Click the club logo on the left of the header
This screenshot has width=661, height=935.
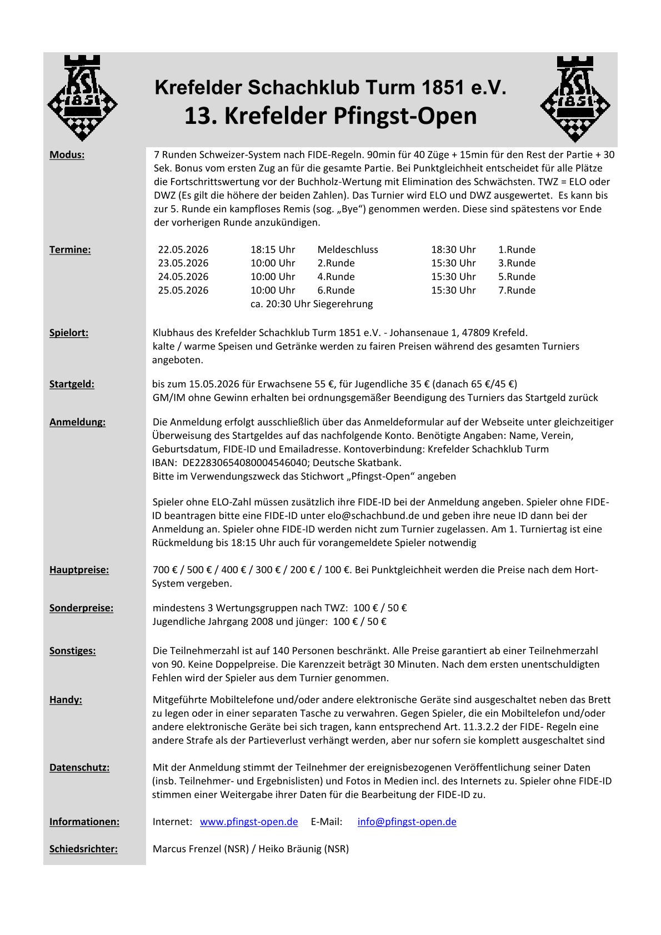point(82,98)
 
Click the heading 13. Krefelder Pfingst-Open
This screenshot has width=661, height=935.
point(330,116)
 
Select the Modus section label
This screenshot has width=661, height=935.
point(67,155)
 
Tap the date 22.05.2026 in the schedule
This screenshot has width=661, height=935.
point(183,249)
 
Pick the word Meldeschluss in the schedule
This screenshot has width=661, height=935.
point(348,249)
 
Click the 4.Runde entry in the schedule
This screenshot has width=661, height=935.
point(336,277)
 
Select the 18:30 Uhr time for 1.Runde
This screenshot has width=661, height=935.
point(453,249)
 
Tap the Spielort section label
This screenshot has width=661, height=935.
point(69,333)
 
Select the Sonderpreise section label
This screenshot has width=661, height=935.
point(81,608)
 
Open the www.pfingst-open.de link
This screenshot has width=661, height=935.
point(249,822)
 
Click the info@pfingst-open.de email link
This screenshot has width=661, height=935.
point(407,822)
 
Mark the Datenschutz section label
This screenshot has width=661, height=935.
point(79,767)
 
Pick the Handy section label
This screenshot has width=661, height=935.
point(66,699)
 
